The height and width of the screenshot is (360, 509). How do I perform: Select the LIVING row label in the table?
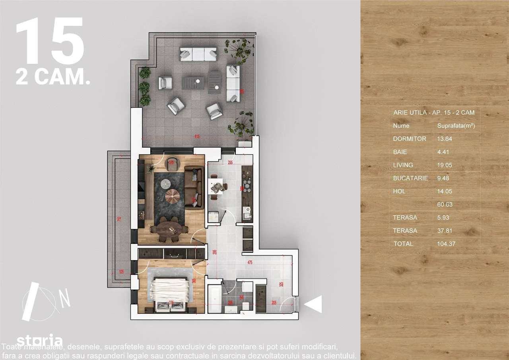click(x=403, y=165)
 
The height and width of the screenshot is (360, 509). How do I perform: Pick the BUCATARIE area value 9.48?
click(x=439, y=178)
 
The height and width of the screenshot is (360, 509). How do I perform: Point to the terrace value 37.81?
click(x=441, y=231)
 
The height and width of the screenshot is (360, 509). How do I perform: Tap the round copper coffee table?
click(x=173, y=197)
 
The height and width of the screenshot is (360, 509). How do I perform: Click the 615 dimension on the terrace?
click(x=197, y=136)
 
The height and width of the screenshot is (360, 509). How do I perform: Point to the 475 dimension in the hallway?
click(x=250, y=262)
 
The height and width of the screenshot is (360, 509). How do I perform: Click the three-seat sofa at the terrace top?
click(x=198, y=54)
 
